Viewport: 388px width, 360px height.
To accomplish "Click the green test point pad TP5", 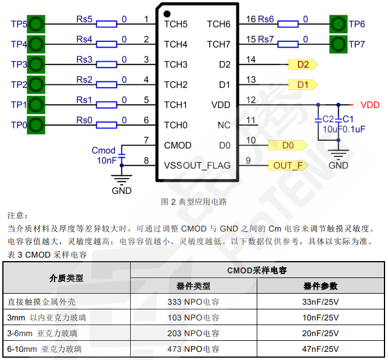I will (x=36, y=24).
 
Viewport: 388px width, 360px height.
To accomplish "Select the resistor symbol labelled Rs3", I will (x=107, y=65).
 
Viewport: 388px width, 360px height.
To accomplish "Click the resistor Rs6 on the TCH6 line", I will (x=288, y=24).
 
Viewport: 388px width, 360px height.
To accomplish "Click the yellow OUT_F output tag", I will (x=288, y=166).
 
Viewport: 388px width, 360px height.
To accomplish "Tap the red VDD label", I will (x=370, y=105).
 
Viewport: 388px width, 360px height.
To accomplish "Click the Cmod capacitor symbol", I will (x=122, y=155).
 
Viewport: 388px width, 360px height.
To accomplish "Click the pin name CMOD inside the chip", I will (x=178, y=145).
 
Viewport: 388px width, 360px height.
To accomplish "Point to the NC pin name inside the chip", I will (x=224, y=125).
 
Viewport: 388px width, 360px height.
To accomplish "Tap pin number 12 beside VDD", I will (x=251, y=100).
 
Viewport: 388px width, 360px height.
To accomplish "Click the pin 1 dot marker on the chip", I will (x=167, y=13).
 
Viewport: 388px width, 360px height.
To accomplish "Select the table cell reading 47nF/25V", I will (x=320, y=350).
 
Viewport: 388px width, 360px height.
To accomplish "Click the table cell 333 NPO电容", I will (x=193, y=302).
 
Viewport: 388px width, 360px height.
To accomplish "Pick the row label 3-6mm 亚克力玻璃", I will (x=42, y=334).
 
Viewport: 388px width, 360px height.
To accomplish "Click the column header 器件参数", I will (x=320, y=286).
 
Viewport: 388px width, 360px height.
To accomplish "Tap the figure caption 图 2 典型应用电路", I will (x=193, y=202).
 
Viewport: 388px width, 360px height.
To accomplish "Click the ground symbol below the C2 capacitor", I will (x=339, y=154).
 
